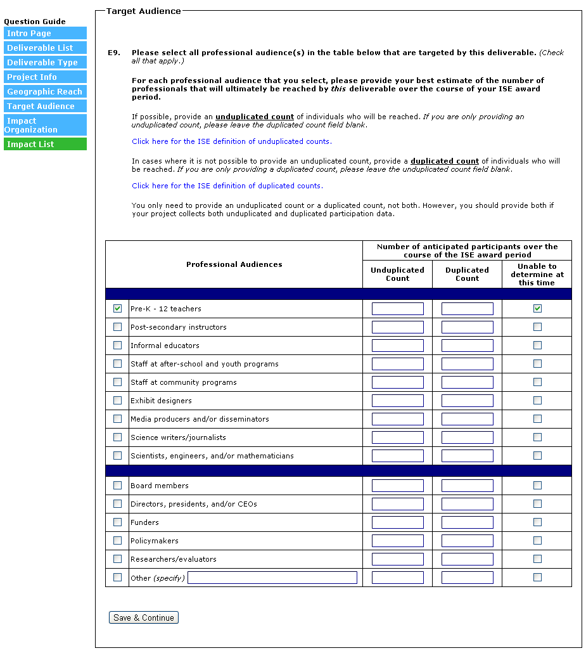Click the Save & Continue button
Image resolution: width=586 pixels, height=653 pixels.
(x=144, y=617)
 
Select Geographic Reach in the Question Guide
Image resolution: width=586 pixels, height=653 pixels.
(x=44, y=92)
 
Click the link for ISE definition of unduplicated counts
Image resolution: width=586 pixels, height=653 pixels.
(x=232, y=141)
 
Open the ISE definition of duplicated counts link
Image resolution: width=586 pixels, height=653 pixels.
(x=227, y=186)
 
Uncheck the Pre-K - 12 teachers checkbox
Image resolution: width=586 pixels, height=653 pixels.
(x=117, y=309)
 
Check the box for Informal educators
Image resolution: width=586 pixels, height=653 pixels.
(x=117, y=346)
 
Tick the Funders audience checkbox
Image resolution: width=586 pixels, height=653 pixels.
(x=117, y=522)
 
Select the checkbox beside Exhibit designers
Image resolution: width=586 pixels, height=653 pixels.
(x=117, y=401)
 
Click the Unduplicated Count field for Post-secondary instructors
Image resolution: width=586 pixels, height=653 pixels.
(x=397, y=327)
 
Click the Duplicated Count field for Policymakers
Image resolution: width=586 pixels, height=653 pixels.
(x=467, y=541)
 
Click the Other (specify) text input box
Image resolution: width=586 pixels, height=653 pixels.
(x=272, y=578)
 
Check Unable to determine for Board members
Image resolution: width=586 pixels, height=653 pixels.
(x=537, y=486)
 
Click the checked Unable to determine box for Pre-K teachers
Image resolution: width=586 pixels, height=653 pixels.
(x=537, y=309)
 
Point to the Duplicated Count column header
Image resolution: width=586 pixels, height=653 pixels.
(x=467, y=274)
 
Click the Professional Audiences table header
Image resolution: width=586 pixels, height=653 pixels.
(x=234, y=264)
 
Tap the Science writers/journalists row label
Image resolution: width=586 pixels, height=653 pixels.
(x=178, y=437)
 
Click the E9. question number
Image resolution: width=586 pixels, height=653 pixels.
(x=114, y=53)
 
